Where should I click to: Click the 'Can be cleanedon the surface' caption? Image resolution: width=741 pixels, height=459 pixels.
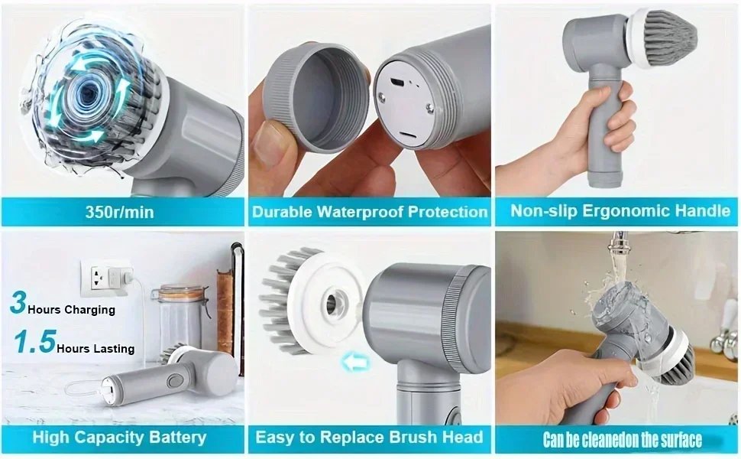pyautogui.click(x=622, y=440)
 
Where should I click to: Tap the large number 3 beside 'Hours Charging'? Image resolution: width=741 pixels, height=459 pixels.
pyautogui.click(x=18, y=303)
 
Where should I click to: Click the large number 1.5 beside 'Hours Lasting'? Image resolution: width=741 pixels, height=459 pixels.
pyautogui.click(x=34, y=343)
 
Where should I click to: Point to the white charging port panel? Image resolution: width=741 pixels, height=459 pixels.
pyautogui.click(x=404, y=107)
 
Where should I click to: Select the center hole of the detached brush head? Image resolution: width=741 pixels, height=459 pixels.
pyautogui.click(x=333, y=301)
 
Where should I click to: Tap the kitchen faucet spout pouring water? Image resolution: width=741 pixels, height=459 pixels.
pyautogui.click(x=617, y=244)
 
